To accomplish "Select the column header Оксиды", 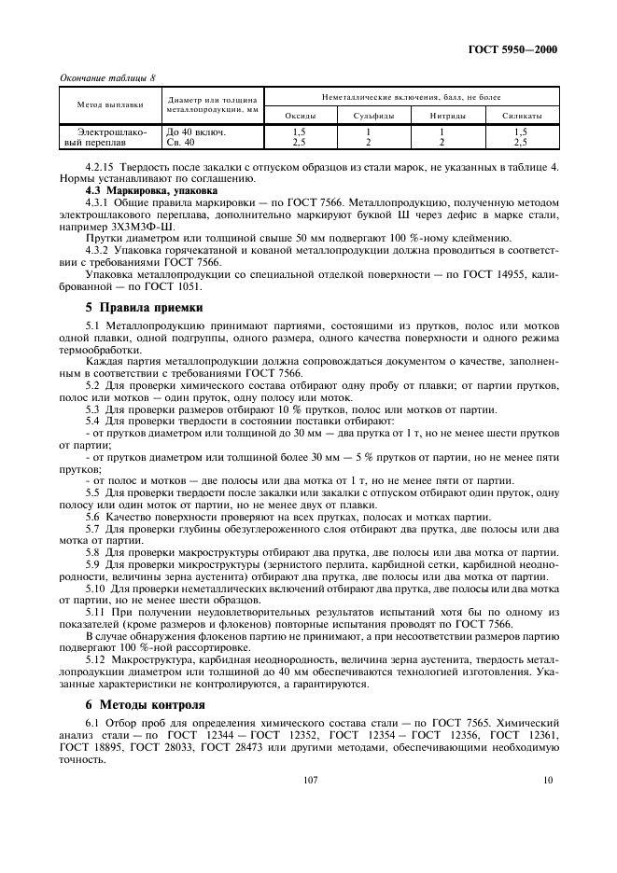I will (x=299, y=115).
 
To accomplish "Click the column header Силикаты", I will (x=520, y=115).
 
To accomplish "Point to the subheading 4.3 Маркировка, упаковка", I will (x=139, y=189).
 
